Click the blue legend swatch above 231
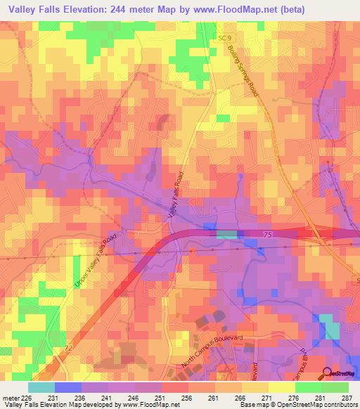point(68,387)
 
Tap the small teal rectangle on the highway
point(226,233)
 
